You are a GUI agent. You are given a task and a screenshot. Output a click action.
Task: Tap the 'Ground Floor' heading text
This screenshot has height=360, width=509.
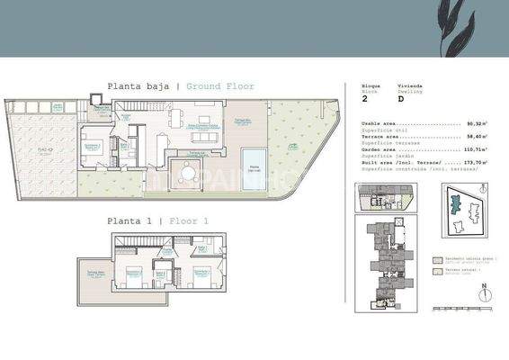[220, 86]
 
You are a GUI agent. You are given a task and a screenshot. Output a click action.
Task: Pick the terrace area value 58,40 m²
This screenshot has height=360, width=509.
[474, 135]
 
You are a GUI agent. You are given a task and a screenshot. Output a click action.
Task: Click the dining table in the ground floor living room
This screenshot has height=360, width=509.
[174, 117]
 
